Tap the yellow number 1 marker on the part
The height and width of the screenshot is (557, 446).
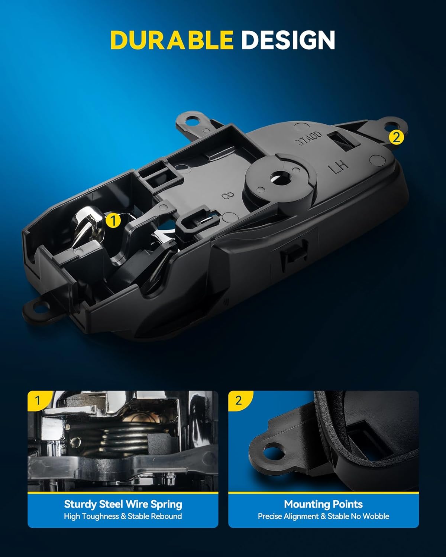tap(113, 220)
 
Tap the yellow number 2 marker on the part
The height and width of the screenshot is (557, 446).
tap(396, 137)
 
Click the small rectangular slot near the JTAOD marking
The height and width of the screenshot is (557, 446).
tap(341, 142)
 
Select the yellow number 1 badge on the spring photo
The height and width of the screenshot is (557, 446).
tap(37, 400)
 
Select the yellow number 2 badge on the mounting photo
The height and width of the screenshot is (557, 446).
tap(238, 400)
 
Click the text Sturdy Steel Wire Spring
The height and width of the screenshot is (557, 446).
tap(123, 504)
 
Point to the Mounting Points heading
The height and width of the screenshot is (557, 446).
tap(323, 504)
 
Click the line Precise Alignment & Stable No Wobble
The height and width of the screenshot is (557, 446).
tap(323, 516)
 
